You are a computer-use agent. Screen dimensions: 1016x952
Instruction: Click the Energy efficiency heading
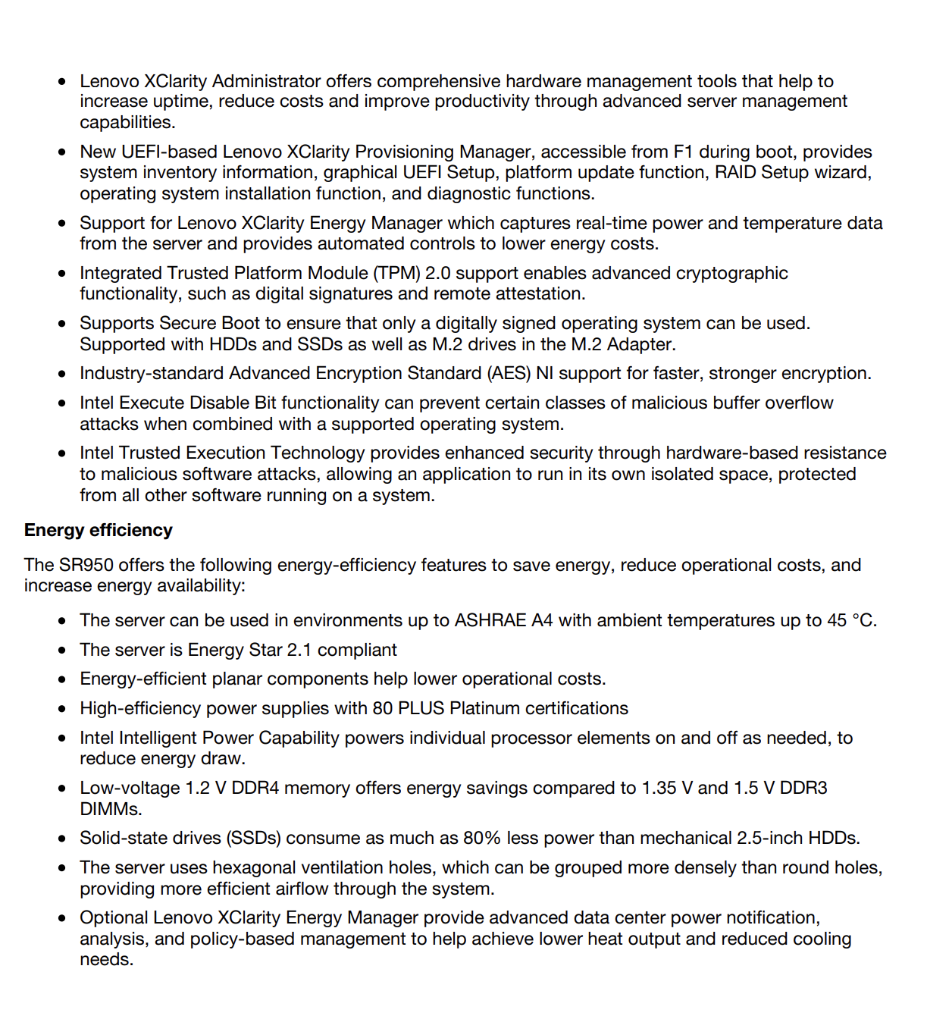point(99,530)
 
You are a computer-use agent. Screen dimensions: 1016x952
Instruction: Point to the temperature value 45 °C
point(851,620)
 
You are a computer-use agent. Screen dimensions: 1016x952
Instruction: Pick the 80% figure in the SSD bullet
point(482,838)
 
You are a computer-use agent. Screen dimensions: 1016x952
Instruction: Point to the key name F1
point(683,152)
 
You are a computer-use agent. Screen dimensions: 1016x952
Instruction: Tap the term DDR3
point(803,788)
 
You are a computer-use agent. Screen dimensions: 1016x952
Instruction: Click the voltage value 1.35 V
point(667,788)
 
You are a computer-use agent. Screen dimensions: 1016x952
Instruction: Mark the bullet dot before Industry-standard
point(62,374)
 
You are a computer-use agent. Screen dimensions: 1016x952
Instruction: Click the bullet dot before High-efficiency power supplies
point(62,709)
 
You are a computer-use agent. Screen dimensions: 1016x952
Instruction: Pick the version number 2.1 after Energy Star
point(299,650)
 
